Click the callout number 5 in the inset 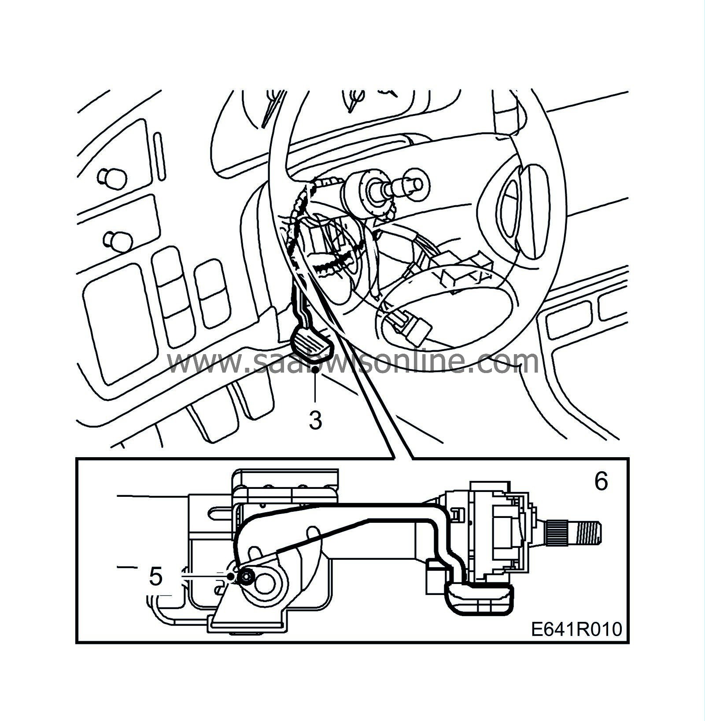[155, 577]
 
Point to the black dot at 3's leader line [316, 371]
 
